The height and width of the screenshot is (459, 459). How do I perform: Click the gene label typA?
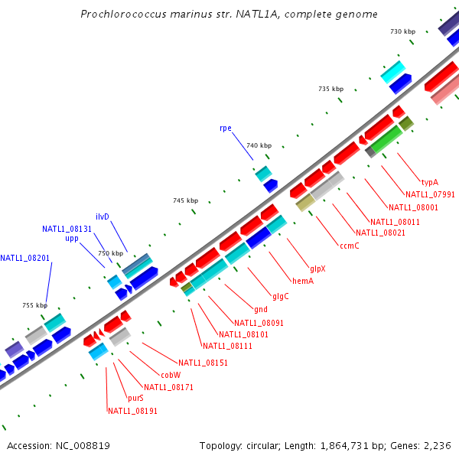[430, 182]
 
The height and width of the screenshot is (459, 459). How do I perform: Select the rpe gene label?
[225, 128]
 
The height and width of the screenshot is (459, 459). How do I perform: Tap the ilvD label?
[103, 216]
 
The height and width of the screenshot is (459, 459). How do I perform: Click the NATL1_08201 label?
[24, 258]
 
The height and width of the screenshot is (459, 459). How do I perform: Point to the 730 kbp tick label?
[402, 31]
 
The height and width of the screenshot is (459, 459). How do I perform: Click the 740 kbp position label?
[259, 145]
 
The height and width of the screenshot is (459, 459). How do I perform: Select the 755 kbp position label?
[34, 305]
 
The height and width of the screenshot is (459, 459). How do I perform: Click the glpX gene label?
[317, 269]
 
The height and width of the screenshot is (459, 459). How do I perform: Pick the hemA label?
[303, 281]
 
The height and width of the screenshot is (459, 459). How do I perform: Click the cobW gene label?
[170, 375]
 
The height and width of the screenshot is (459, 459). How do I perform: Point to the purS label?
[135, 398]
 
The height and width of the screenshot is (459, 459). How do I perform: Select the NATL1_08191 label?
[132, 411]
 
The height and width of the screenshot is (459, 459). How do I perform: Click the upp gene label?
[72, 239]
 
